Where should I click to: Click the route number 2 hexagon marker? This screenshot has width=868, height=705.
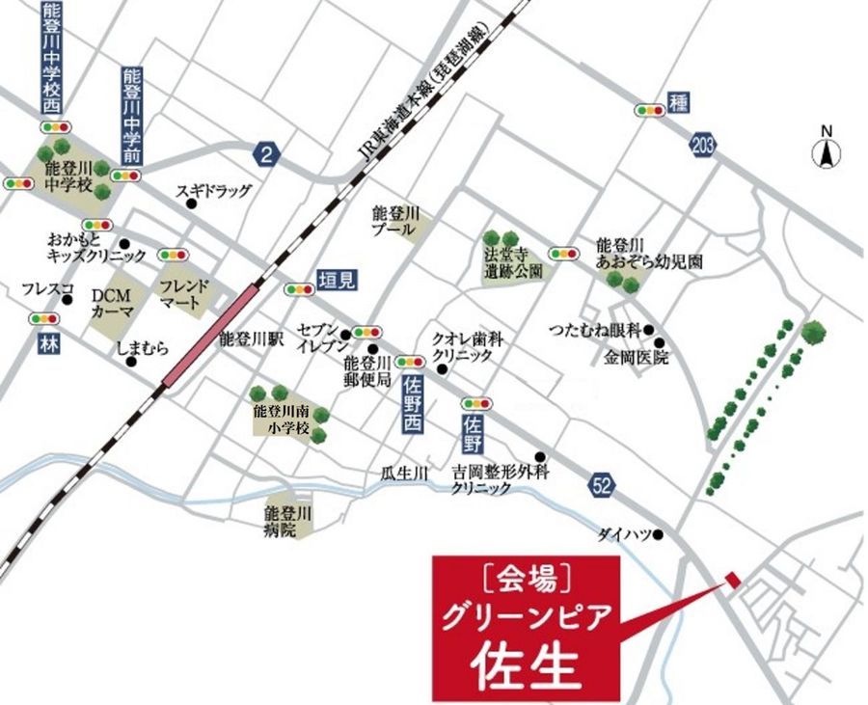pos(266,151)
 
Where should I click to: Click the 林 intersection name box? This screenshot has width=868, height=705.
pos(47,342)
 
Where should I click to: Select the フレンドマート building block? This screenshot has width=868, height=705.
pos(182,293)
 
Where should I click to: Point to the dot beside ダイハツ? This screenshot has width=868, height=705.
pos(661,533)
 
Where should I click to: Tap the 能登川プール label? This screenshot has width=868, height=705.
pos(396,221)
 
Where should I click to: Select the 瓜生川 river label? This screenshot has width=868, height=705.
pos(404,473)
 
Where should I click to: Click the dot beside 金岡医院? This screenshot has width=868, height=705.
pos(660,342)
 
